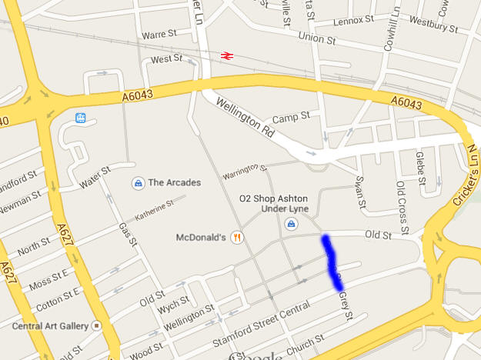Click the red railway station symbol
227,55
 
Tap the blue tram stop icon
80,118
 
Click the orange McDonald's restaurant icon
237,237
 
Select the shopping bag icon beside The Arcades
137,183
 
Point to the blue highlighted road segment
332,262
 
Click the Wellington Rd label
244,118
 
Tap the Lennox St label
354,18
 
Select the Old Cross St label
400,197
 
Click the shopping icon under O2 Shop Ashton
292,224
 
